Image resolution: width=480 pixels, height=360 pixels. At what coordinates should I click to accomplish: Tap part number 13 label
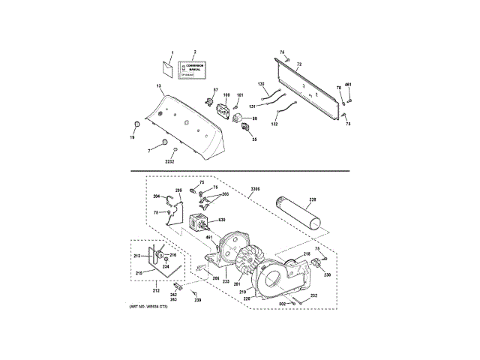(x=159, y=88)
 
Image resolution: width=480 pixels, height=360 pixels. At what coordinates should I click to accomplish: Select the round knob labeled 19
(x=136, y=124)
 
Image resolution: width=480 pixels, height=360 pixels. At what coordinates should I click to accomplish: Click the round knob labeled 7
(x=163, y=142)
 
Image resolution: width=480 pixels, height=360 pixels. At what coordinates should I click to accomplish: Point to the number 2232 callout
(x=169, y=161)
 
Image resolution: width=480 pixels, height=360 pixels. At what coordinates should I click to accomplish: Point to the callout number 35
(x=254, y=139)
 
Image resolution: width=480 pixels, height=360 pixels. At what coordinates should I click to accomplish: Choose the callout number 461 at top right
(x=348, y=84)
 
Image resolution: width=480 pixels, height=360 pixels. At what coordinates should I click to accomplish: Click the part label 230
(x=327, y=274)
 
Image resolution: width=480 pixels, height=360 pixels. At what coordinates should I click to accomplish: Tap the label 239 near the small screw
(x=198, y=300)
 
